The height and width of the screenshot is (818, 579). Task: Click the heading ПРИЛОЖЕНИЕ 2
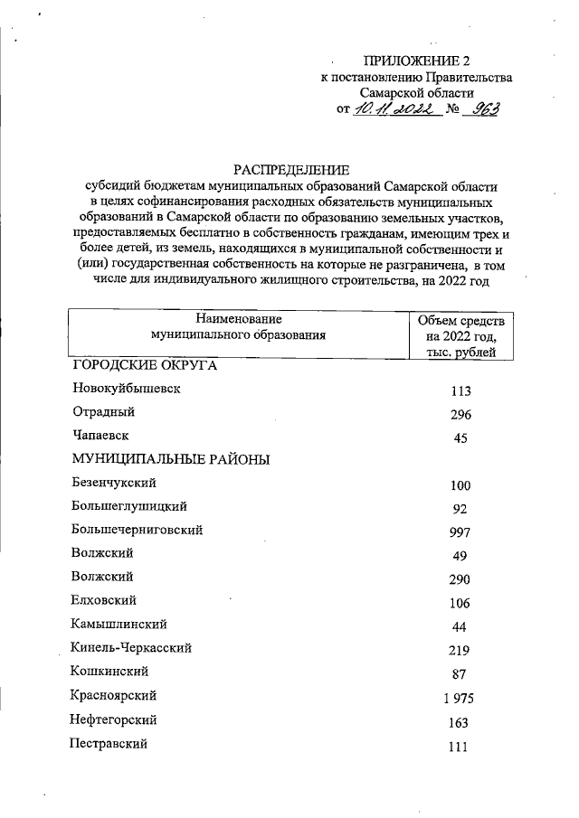[x=417, y=61]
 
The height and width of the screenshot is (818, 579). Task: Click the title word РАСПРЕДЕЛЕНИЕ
[x=290, y=169]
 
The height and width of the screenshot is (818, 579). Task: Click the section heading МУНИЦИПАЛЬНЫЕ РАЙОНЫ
[x=173, y=459]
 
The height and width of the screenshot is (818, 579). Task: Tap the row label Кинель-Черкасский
[x=131, y=647]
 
